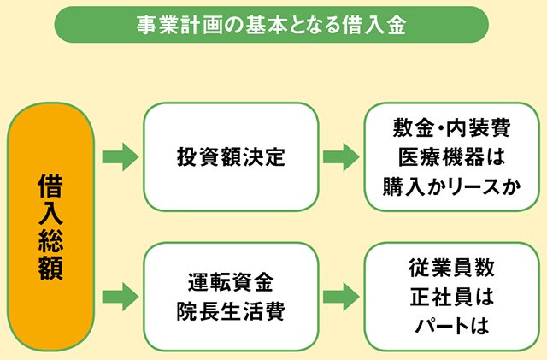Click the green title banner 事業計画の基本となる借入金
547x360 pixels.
pyautogui.click(x=272, y=25)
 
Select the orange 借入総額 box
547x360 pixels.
pyautogui.click(x=51, y=227)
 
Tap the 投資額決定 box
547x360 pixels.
pyautogui.click(x=231, y=156)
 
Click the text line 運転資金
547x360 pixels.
pyautogui.click(x=231, y=282)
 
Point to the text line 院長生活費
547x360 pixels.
pyautogui.click(x=231, y=310)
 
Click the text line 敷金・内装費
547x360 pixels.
pyautogui.click(x=452, y=127)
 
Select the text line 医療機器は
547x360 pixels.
pyautogui.click(x=452, y=156)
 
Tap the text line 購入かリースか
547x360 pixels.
pyautogui.click(x=452, y=186)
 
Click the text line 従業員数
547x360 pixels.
pyautogui.click(x=452, y=268)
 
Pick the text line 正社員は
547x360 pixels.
pyautogui.click(x=452, y=297)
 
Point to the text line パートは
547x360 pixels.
pyautogui.click(x=452, y=326)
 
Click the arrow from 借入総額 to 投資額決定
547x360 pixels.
pyautogui.click(x=121, y=156)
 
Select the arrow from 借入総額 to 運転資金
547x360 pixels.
pyautogui.click(x=121, y=297)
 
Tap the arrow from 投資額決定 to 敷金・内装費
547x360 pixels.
pyautogui.click(x=341, y=156)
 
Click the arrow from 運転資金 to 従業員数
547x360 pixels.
pyautogui.click(x=341, y=297)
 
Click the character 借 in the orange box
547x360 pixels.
pyautogui.click(x=51, y=186)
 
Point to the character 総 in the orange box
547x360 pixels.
pyautogui.click(x=51, y=240)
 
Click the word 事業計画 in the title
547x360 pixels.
pyautogui.click(x=179, y=25)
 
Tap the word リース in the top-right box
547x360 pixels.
pyautogui.click(x=474, y=186)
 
